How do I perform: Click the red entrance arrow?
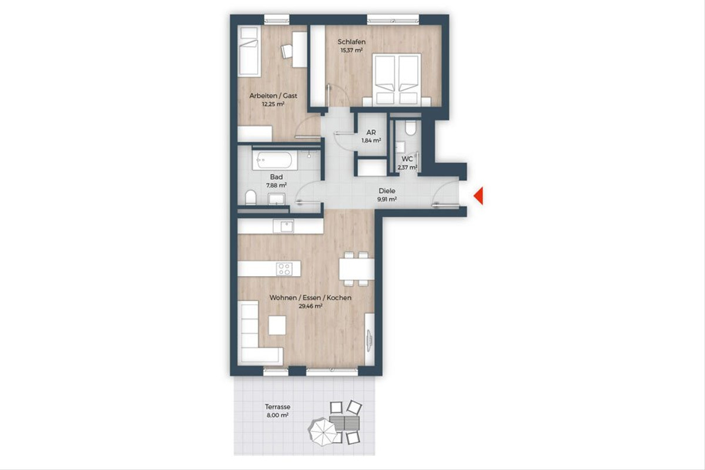(x=479, y=196)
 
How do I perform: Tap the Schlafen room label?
(x=351, y=42)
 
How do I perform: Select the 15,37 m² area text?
(x=351, y=50)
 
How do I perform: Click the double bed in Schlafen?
(x=397, y=79)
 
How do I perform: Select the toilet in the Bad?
(x=251, y=197)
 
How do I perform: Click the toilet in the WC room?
(x=411, y=128)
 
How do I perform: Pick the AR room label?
(x=371, y=133)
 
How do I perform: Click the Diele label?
(x=387, y=191)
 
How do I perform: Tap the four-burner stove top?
(x=284, y=269)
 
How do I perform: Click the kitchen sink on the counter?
(x=283, y=226)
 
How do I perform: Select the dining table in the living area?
(x=357, y=269)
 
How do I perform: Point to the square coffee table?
(x=277, y=325)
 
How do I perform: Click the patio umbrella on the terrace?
(x=323, y=431)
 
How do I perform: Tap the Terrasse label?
(x=277, y=407)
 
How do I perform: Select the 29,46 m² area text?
(x=310, y=306)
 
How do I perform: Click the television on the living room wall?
(x=369, y=341)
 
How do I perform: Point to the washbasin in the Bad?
(x=277, y=199)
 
